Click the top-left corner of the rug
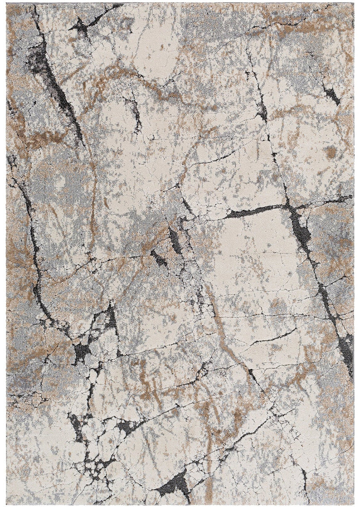click(7, 4)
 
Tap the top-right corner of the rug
click(354, 4)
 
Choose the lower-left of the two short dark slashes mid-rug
click(160, 259)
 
